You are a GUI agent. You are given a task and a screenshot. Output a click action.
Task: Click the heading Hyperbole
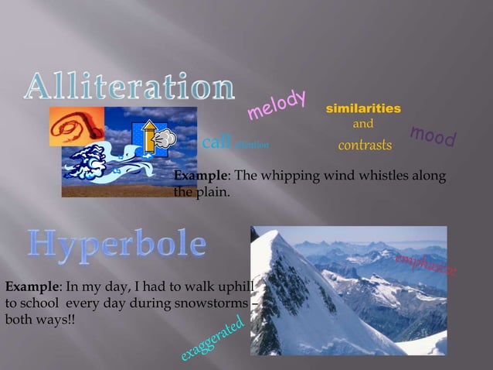[x=117, y=245]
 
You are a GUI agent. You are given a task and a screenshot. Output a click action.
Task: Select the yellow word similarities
[x=363, y=108]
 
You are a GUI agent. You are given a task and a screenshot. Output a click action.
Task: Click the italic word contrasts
[x=365, y=146]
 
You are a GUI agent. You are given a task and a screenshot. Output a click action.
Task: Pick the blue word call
[x=216, y=143]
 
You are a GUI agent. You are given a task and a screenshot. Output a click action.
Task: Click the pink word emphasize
[x=426, y=262]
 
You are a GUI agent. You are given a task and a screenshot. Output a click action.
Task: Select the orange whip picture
[x=76, y=126]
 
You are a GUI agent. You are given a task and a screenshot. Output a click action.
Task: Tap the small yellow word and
[x=363, y=124]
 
